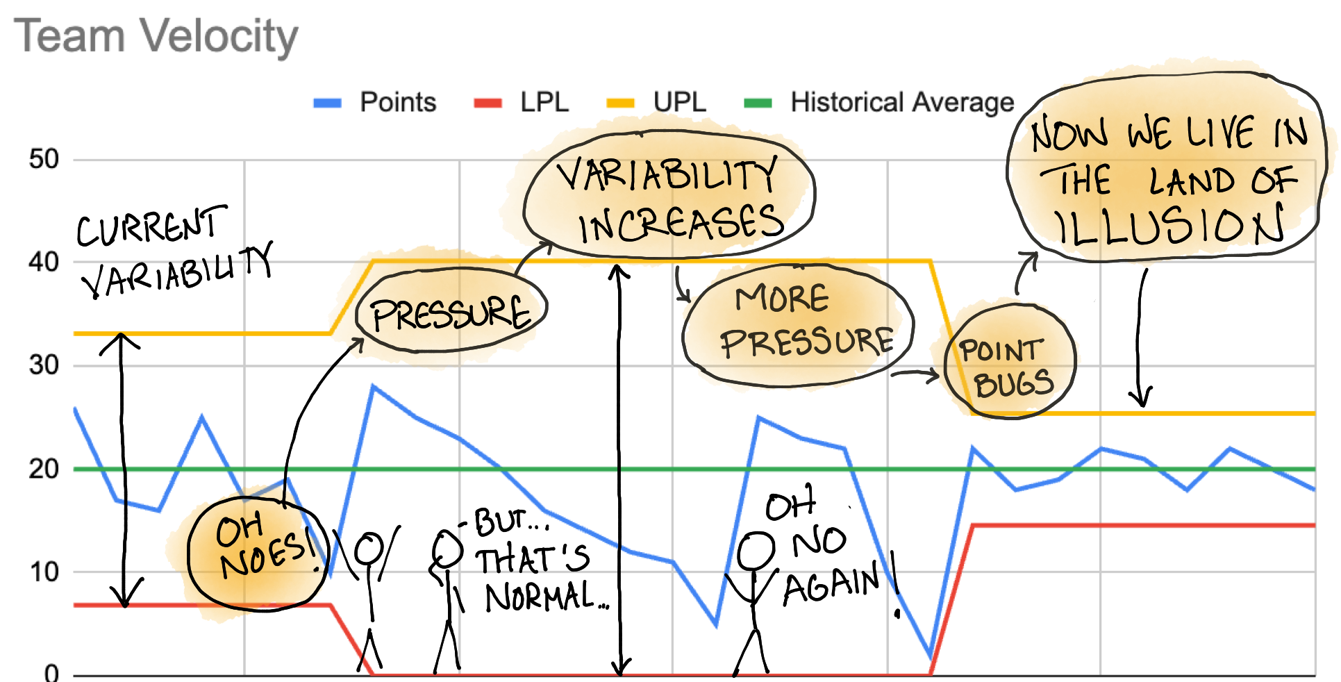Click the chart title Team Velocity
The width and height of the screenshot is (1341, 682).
point(156,36)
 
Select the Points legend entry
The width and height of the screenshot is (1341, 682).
point(397,103)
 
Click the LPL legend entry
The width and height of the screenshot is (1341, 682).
point(544,103)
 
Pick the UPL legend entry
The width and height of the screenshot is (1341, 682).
point(678,103)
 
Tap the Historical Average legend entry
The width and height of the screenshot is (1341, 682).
point(901,103)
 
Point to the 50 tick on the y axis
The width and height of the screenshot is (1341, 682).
point(44,160)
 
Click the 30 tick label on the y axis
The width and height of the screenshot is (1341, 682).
point(44,365)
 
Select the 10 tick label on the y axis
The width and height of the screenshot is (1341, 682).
point(44,572)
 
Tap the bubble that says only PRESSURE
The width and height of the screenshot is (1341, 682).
point(451,312)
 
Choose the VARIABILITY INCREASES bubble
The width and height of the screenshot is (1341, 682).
point(669,198)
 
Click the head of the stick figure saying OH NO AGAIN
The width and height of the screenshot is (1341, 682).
point(756,551)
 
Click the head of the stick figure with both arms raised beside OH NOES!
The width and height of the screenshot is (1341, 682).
point(368,549)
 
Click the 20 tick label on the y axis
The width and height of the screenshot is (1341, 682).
point(44,469)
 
